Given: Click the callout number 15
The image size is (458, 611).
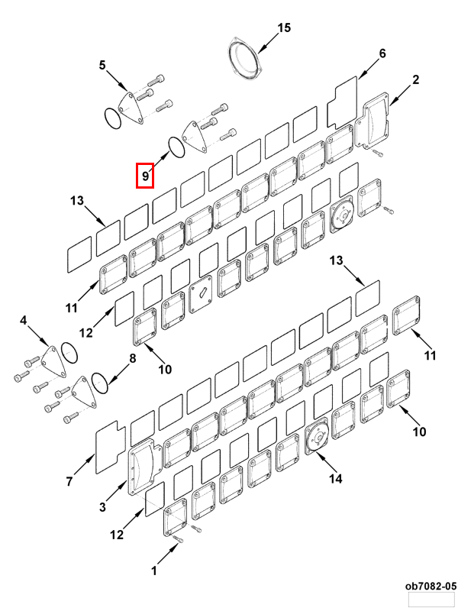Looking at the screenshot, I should point(284,28).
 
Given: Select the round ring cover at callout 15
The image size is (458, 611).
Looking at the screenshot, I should point(247,57).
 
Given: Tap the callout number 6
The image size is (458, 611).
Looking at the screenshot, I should point(382,53).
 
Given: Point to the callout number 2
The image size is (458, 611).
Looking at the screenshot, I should point(416,79).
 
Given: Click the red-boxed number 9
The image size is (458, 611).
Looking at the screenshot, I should point(145,176).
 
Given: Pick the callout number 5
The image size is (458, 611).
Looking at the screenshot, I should point(102,66).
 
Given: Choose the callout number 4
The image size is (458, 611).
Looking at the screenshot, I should point(23,320).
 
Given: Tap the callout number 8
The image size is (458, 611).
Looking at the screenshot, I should point(132,357).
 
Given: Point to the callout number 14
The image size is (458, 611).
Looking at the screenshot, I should point(335,479).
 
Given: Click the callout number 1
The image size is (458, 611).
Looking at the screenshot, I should point(153,570).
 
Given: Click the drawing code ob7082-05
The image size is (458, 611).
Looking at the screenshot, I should point(431,586).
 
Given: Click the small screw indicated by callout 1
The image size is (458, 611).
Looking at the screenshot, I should point(178,541).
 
